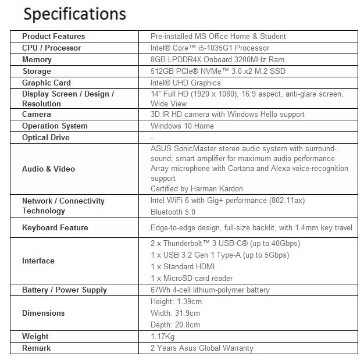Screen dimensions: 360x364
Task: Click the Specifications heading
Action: point(75,13)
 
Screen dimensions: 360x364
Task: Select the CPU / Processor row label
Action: point(51,48)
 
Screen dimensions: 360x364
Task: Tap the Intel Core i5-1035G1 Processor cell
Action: point(209,48)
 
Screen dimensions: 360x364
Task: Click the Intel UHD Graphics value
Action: point(185,83)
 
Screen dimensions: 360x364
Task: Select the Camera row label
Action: point(37,114)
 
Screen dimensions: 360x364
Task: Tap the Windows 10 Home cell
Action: point(182,126)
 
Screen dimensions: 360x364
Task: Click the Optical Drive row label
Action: point(46,137)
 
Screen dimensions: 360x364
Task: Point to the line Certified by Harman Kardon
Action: point(197,188)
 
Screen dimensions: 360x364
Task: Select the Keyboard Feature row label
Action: point(55,227)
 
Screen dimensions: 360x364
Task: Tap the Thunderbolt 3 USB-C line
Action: point(225,243)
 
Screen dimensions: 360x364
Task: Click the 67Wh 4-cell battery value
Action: point(210,290)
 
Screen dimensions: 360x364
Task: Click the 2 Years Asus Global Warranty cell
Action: point(202,348)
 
